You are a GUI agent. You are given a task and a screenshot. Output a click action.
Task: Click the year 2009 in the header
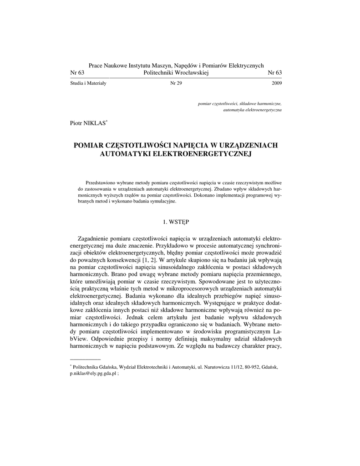[277, 83]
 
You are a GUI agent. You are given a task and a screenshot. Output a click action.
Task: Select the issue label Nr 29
[176, 83]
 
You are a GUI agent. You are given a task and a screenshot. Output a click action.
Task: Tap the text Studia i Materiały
[88, 83]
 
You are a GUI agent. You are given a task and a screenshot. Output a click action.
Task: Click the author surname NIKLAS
[96, 123]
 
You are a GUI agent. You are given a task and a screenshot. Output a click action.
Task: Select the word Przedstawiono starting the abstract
[101, 182]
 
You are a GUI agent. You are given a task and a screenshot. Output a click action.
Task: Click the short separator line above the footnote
[84, 359]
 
